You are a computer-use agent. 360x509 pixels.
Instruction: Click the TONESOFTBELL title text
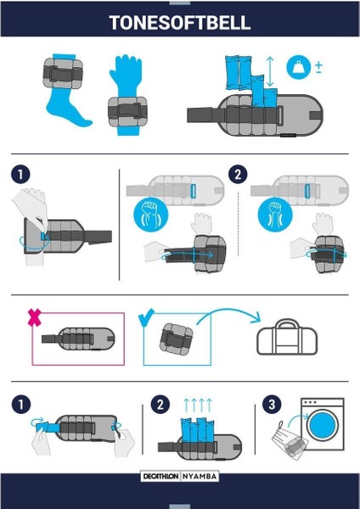coord(180,22)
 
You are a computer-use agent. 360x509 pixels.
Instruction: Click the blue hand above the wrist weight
coord(126,75)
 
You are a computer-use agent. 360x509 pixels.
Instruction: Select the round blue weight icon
coord(298,67)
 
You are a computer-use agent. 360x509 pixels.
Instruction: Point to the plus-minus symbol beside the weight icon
coord(318,67)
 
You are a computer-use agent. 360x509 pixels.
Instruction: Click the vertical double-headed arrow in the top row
coord(270,71)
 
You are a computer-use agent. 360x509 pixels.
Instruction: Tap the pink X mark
coord(35,317)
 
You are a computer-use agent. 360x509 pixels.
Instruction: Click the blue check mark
coord(146,318)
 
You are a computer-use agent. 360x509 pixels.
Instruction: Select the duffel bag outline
coord(287,337)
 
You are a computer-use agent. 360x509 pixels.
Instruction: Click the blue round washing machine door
coord(323,425)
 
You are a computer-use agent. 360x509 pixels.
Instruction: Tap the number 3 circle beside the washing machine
coord(272,405)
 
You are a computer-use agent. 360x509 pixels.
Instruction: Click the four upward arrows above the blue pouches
coord(198,406)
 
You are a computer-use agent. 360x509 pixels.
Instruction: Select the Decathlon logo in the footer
coord(160,477)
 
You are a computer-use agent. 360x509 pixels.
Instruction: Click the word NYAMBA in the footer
coord(200,477)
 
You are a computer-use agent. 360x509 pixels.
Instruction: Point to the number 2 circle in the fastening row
coord(238,174)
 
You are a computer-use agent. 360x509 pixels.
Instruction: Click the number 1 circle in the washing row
coord(21,405)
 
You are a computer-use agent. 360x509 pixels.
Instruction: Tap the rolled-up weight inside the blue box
coord(176,338)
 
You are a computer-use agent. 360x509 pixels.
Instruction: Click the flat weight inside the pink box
coord(78,338)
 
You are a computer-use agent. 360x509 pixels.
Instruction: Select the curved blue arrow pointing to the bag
coord(228,314)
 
